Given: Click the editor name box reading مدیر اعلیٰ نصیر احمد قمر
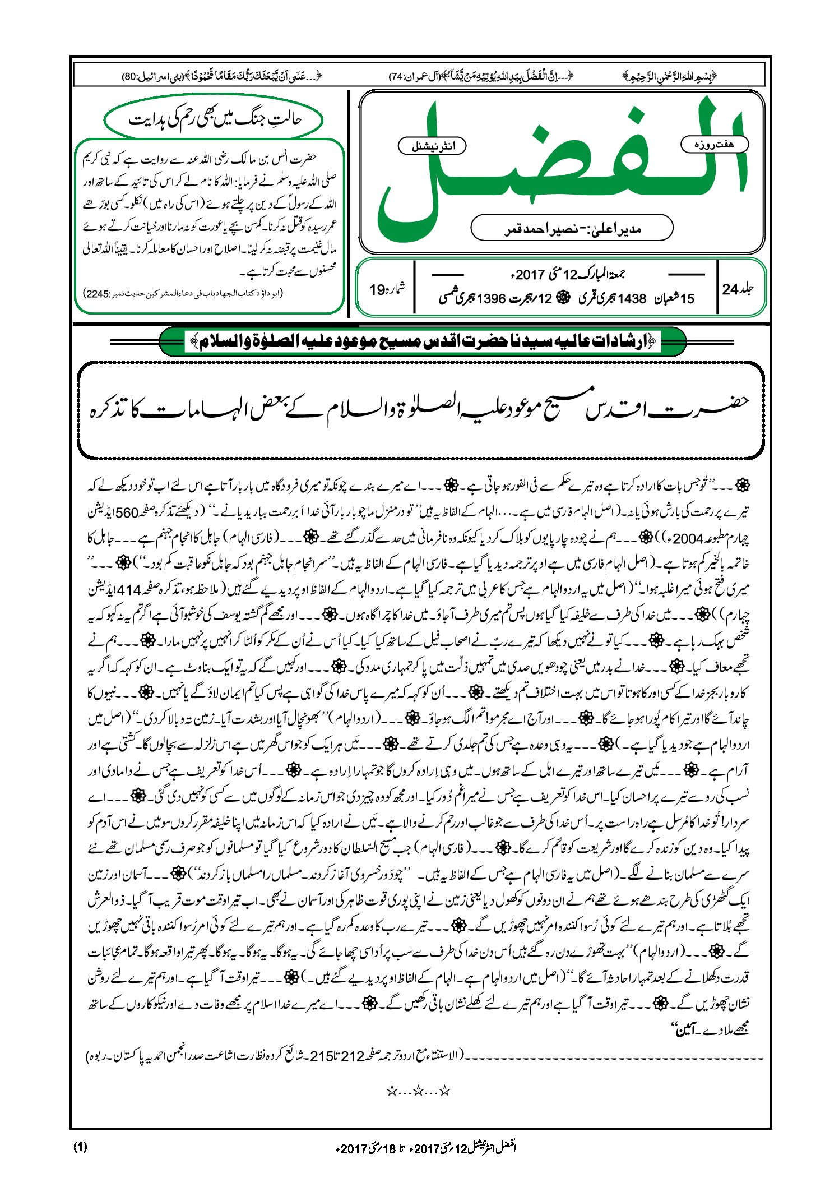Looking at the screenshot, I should click(572, 228).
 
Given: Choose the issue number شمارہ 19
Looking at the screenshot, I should click(386, 289).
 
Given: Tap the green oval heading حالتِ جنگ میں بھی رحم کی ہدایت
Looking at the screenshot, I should click(215, 119).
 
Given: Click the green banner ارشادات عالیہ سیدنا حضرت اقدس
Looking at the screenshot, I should click(423, 341).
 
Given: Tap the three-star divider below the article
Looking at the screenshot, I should click(419, 1091).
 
